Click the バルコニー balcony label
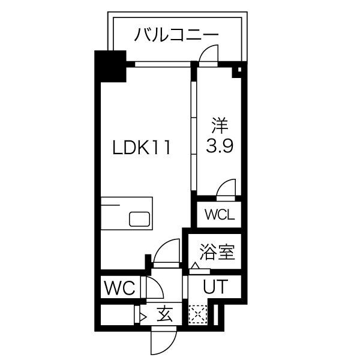point(176,34)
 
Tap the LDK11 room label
point(143,148)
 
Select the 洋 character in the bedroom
point(219,127)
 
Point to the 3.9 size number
point(219,146)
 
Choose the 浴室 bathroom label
point(217,251)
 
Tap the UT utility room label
point(214,287)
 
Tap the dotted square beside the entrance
point(197,314)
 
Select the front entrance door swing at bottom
point(161,341)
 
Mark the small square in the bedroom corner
point(238,74)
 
